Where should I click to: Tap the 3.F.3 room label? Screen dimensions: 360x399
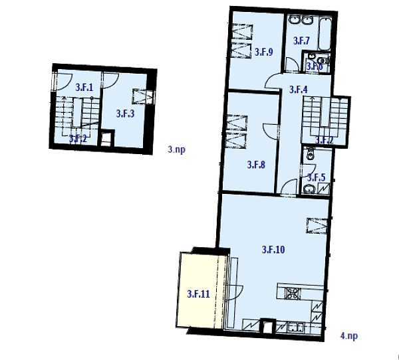point(125,114)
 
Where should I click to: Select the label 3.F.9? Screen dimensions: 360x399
point(264,52)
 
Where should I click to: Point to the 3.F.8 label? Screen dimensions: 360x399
point(256,165)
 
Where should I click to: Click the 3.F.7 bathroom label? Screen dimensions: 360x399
point(301,41)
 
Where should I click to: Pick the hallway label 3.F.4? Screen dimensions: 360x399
point(297,90)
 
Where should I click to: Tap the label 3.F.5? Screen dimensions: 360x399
point(315,177)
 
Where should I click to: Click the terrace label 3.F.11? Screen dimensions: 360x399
point(198,294)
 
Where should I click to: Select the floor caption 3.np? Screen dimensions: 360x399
point(176,151)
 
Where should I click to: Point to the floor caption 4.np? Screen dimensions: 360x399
point(348,336)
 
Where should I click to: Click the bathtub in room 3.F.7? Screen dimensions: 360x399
point(325,33)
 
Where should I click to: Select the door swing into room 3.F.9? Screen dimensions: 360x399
point(291,64)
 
